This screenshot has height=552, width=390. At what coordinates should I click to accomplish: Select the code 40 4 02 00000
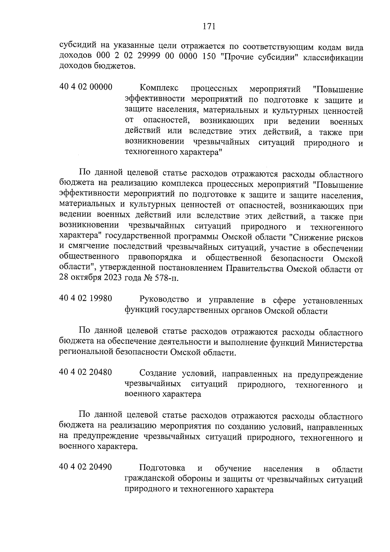coord(86,87)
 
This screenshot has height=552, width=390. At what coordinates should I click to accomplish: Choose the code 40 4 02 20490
coord(86,467)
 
